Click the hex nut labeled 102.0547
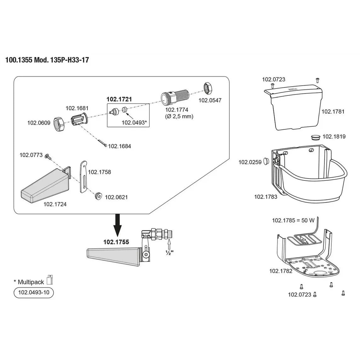point(208,89)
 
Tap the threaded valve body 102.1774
point(175,98)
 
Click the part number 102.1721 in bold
point(119,99)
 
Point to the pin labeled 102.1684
point(102,143)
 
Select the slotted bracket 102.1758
point(83,177)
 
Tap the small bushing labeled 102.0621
point(99,196)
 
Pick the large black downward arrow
point(117,225)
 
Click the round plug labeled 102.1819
point(316,138)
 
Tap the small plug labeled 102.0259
point(266,161)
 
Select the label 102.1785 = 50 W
point(293,220)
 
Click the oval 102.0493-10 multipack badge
point(34,293)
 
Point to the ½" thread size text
point(169,253)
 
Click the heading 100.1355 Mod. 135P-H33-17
point(47,60)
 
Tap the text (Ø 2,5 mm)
point(179,117)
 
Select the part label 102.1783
point(266,197)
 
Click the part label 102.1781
point(333,111)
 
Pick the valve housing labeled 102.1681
point(80,119)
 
